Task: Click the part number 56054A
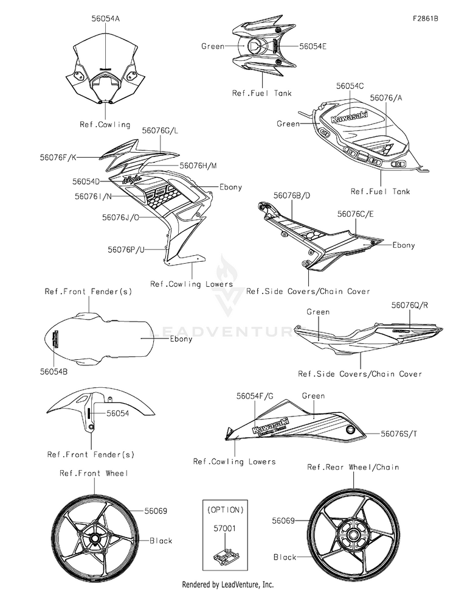click(x=105, y=19)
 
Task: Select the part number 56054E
click(x=313, y=46)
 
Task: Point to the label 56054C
click(x=350, y=86)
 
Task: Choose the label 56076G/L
click(x=160, y=130)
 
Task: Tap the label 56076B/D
click(x=292, y=195)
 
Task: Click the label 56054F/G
click(x=255, y=396)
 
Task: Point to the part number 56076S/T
click(x=399, y=434)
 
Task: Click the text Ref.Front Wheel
click(x=94, y=472)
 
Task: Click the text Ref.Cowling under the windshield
click(x=105, y=125)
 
